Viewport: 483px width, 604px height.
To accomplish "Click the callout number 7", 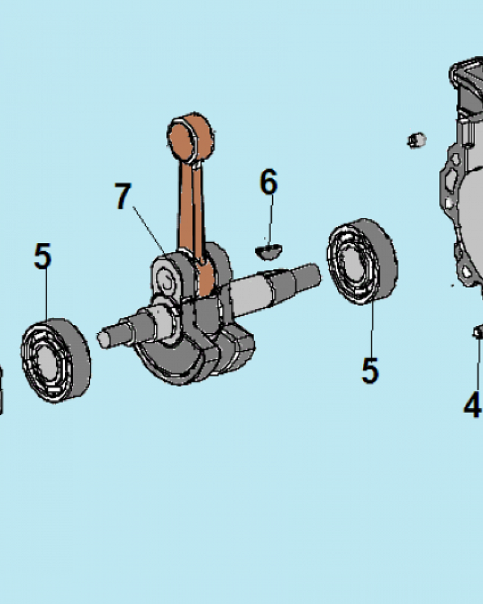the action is pyautogui.click(x=123, y=196).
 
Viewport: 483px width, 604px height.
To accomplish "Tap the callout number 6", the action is pyautogui.click(x=269, y=181).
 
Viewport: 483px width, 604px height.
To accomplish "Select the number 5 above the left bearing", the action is pyautogui.click(x=42, y=255).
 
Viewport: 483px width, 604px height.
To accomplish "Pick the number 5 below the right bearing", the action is pyautogui.click(x=369, y=370).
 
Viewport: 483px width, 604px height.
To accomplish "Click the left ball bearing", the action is pyautogui.click(x=56, y=360).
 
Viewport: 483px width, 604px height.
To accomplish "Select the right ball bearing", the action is pyautogui.click(x=362, y=262).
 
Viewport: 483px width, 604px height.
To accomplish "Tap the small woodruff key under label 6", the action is pyautogui.click(x=269, y=251).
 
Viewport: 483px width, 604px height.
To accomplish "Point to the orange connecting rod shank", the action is pyautogui.click(x=191, y=208).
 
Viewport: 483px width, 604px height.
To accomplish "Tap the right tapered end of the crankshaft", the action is pyautogui.click(x=306, y=276).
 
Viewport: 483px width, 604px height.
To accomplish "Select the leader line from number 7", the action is pyautogui.click(x=150, y=230).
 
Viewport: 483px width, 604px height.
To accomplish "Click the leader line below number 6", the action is pyautogui.click(x=270, y=219).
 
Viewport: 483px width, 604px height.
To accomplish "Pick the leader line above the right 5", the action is pyautogui.click(x=372, y=329).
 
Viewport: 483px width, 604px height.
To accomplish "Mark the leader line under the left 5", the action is pyautogui.click(x=46, y=294).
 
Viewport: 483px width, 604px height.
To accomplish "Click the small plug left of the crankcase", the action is pyautogui.click(x=417, y=140).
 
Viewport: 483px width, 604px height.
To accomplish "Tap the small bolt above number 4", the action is pyautogui.click(x=478, y=332).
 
